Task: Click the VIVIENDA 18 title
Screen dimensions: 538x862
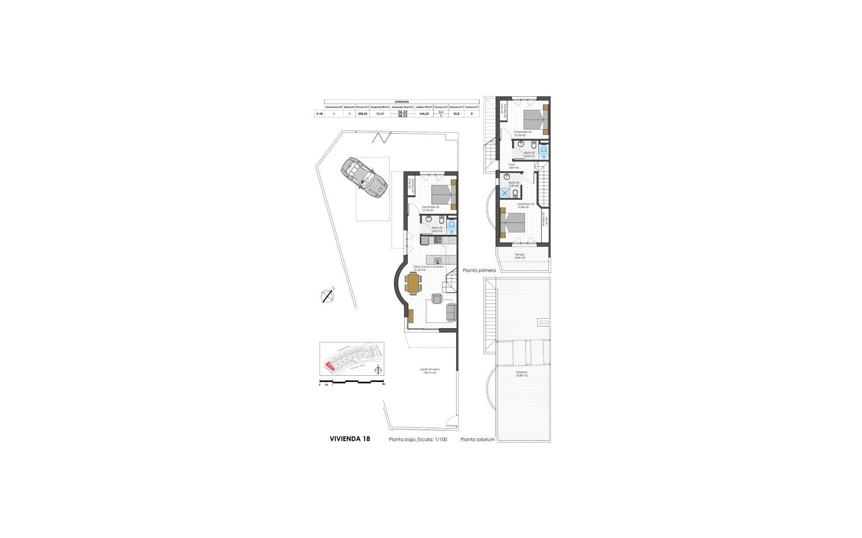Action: point(350,439)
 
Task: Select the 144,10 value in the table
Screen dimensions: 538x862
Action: point(424,114)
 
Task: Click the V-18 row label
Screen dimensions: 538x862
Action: point(319,114)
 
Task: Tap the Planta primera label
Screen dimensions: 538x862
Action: point(479,270)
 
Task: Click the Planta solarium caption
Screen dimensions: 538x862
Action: point(477,439)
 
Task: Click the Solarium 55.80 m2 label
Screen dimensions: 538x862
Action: point(521,373)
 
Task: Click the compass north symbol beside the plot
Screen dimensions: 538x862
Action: point(328,295)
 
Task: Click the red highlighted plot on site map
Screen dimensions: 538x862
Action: point(330,367)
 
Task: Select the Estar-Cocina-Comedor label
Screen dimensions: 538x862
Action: point(428,268)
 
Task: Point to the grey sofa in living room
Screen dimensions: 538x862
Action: point(451,312)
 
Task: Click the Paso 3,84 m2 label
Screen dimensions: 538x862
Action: point(512,166)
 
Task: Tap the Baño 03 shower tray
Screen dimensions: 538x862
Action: point(506,193)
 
